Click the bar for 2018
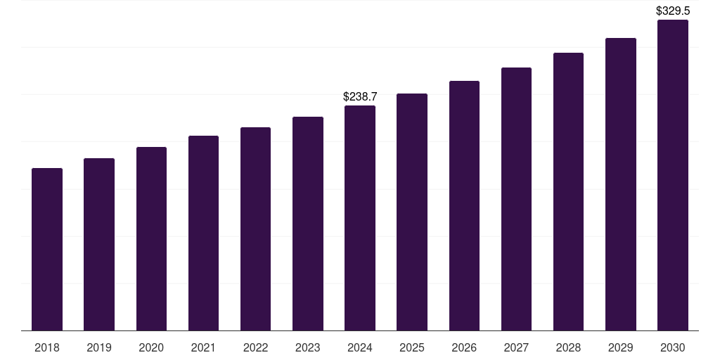click(47, 250)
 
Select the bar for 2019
click(99, 245)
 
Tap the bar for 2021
click(203, 233)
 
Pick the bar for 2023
click(308, 224)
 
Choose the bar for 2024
click(360, 218)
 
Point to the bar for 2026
click(464, 206)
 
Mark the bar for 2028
click(568, 192)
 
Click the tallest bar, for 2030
click(673, 175)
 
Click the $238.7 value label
click(360, 96)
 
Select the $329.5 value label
click(673, 11)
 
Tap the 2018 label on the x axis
click(47, 347)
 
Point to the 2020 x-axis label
click(151, 347)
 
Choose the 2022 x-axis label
click(255, 347)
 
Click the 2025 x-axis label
click(412, 347)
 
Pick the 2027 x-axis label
click(516, 347)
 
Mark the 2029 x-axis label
click(621, 347)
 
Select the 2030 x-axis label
click(673, 347)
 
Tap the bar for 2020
click(151, 239)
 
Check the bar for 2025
click(412, 212)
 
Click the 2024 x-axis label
click(360, 347)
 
